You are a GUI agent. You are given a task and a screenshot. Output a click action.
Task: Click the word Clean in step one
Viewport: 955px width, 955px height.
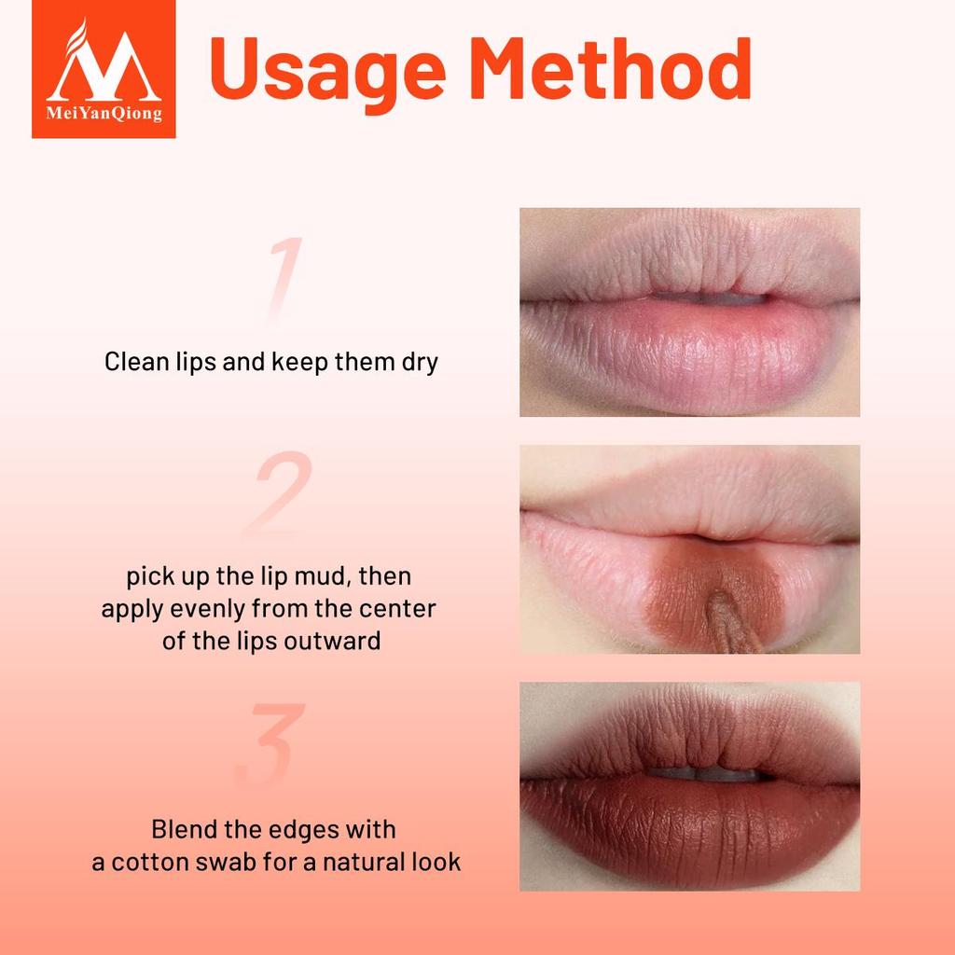click(x=133, y=362)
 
